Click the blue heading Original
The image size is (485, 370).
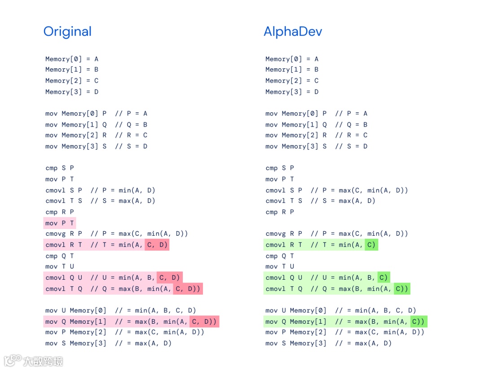[x=67, y=31]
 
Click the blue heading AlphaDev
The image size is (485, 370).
[x=293, y=31]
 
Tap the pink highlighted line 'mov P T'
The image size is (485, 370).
[x=60, y=223]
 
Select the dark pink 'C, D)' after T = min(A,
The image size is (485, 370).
[x=157, y=245]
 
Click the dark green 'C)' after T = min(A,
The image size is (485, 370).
[x=371, y=245]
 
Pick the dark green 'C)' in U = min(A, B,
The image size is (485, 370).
[x=383, y=277]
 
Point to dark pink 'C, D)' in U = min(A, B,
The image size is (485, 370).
[x=169, y=277]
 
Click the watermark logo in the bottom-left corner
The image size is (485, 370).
[x=13, y=361]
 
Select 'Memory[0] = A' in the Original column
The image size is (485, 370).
[x=72, y=59]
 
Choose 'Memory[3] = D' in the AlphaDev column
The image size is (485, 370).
[x=292, y=92]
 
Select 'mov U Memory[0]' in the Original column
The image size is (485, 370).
[x=76, y=310]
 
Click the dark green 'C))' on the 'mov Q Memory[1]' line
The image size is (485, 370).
[x=419, y=322]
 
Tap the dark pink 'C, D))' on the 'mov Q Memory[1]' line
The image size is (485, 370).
[x=204, y=322]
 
